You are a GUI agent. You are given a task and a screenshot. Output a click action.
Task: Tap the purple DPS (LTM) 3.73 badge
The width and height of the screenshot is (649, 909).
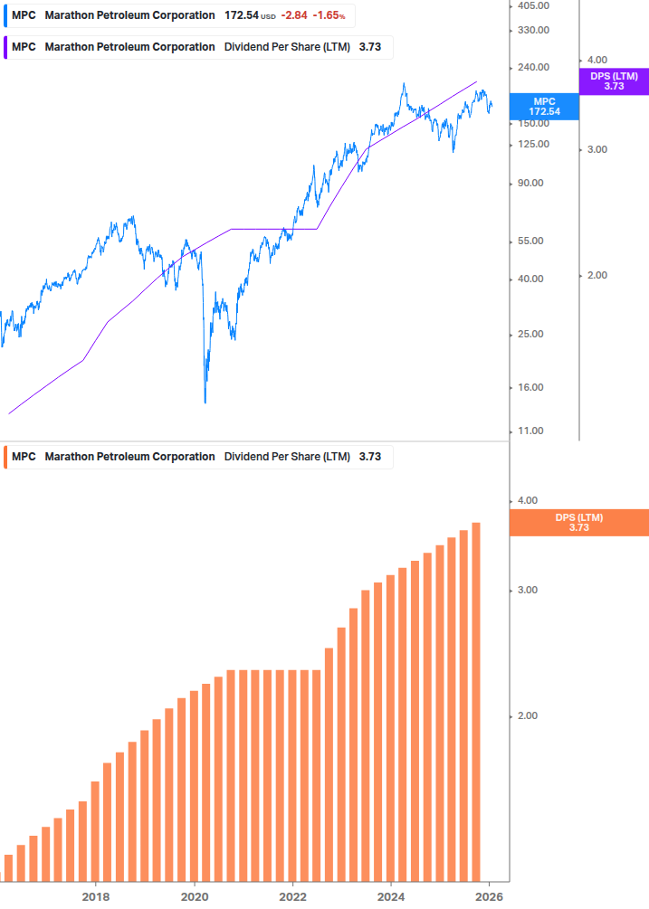614,81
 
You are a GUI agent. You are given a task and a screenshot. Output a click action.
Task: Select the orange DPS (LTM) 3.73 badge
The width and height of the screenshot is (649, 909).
579,523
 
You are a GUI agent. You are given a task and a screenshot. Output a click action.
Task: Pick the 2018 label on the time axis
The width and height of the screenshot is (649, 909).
96,896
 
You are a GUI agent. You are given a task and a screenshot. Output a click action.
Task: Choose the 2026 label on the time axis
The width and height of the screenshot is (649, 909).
489,896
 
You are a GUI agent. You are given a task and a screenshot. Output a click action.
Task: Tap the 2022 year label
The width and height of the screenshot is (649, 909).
292,896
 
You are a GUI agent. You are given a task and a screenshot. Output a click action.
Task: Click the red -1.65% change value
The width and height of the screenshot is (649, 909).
329,15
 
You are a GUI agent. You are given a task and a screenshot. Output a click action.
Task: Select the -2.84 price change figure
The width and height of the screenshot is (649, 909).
293,15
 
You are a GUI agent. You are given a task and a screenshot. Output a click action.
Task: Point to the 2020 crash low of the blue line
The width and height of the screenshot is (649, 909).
205,402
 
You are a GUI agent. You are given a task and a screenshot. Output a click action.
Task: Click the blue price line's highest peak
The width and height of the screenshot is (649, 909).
404,84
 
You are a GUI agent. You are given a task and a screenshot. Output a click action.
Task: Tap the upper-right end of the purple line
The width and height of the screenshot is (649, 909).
476,81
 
